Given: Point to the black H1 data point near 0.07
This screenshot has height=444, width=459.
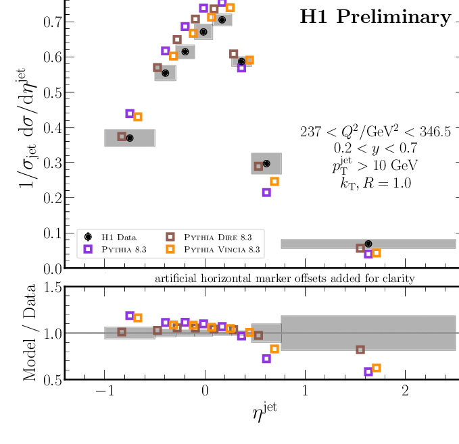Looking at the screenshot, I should (368, 244).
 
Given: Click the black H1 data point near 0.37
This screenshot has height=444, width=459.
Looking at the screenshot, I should (130, 138).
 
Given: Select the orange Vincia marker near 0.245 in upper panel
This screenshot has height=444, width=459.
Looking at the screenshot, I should (274, 182).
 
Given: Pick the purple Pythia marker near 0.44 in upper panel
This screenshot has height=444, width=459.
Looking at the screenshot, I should (130, 113).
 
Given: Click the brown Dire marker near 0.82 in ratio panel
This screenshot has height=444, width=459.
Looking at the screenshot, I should (360, 350).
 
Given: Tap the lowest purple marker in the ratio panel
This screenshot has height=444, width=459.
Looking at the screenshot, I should (368, 372).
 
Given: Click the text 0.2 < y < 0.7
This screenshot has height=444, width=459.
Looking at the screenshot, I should (375, 148).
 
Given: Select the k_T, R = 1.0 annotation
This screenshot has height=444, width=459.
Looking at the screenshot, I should (375, 182).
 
